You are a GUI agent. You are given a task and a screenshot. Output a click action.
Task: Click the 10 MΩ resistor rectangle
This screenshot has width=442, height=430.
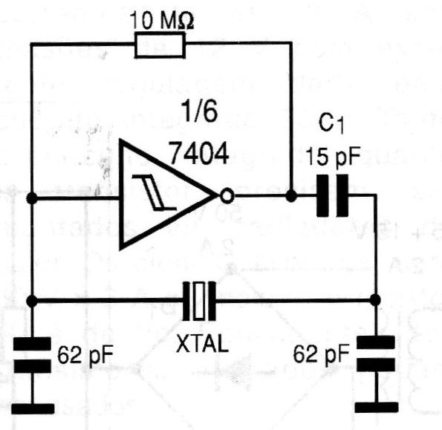pos(160,45)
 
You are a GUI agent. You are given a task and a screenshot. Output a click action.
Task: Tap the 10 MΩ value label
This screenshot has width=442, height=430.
pos(161,21)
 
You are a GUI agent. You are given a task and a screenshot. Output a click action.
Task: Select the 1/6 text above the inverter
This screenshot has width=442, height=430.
pos(200,111)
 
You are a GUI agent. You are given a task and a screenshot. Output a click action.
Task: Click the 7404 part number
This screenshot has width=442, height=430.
pos(199,153)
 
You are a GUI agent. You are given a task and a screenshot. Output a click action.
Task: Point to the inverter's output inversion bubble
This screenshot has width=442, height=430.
pos(227,195)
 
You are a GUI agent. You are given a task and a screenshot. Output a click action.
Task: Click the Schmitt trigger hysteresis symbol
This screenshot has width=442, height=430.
pos(155,192)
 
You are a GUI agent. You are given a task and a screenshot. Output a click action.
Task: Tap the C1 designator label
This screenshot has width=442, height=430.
pos(331,123)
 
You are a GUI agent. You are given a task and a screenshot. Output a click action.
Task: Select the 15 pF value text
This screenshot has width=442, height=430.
pos(333,157)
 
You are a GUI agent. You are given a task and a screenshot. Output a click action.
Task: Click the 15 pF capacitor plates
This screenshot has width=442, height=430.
pos(333,196)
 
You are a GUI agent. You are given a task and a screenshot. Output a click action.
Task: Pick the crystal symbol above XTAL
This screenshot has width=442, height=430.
pos(199,302)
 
